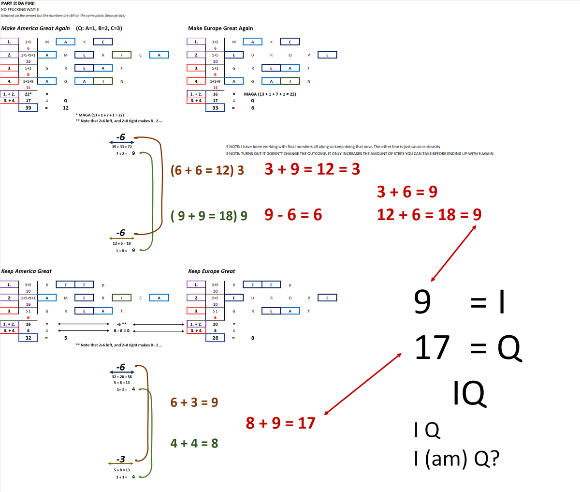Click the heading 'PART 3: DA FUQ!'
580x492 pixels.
(x=18, y=3)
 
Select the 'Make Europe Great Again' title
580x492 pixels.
(x=220, y=28)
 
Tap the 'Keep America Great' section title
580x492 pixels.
(x=27, y=271)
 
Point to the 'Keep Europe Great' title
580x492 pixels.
(x=212, y=271)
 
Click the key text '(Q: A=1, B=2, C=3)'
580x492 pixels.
(x=99, y=28)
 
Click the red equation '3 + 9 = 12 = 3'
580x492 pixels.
(x=312, y=169)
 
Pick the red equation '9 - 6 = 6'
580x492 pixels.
(x=293, y=214)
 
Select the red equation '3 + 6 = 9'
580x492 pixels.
(x=407, y=192)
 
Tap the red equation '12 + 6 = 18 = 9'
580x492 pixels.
(x=429, y=214)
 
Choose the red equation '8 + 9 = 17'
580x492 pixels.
(x=280, y=423)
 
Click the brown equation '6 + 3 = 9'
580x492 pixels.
(x=194, y=402)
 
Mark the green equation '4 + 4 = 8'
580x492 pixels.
(x=194, y=443)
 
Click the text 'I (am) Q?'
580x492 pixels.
(x=457, y=458)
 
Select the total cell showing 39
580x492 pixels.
(x=29, y=107)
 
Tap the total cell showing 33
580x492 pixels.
(x=215, y=107)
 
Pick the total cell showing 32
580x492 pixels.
(x=29, y=338)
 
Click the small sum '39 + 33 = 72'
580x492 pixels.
(x=122, y=147)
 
